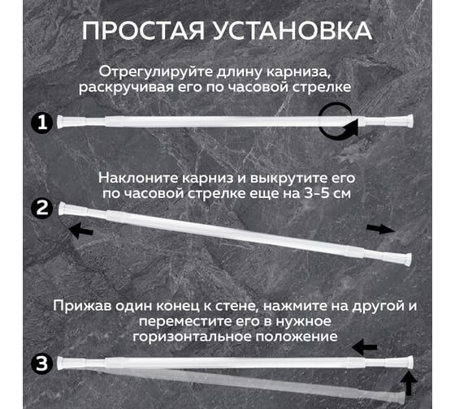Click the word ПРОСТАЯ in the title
click(x=143, y=31)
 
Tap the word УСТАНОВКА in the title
click(x=292, y=31)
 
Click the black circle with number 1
click(x=42, y=123)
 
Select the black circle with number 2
click(x=42, y=208)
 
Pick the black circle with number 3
click(x=42, y=364)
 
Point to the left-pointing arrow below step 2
click(x=81, y=230)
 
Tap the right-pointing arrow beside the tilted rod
click(x=380, y=229)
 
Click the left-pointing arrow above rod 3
click(x=365, y=347)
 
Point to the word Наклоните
click(x=138, y=178)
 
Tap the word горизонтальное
click(x=192, y=337)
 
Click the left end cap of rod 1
click(x=61, y=122)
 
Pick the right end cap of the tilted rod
click(x=408, y=259)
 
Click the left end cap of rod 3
click(x=61, y=364)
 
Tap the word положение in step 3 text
click(x=297, y=337)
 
